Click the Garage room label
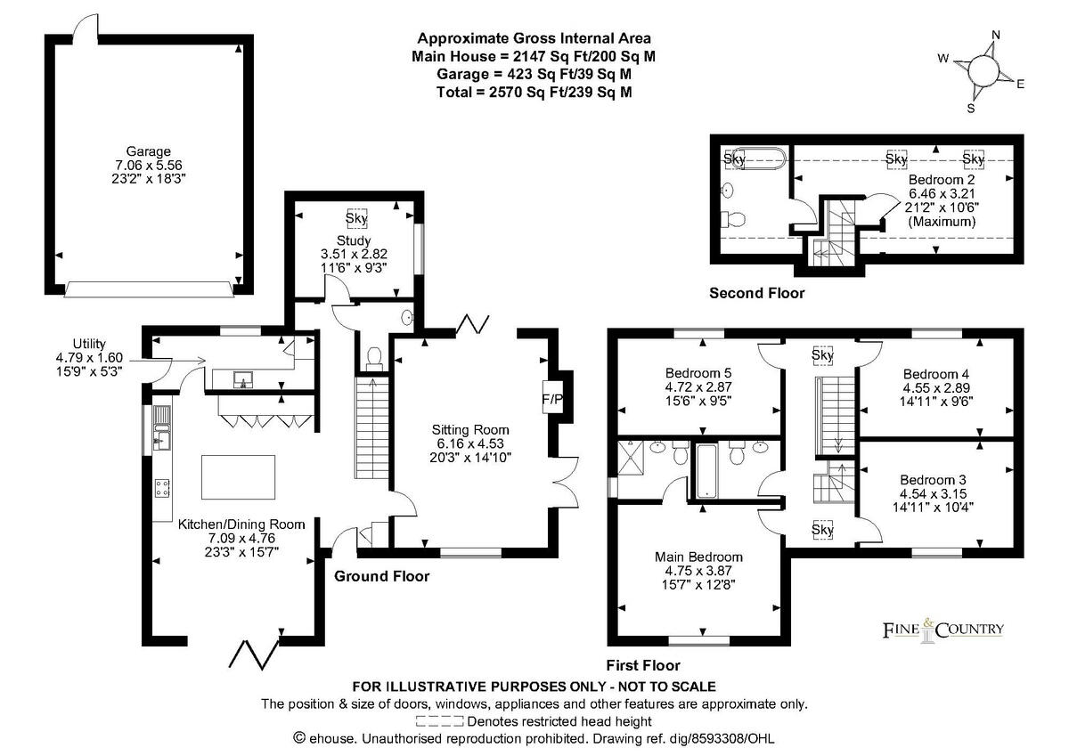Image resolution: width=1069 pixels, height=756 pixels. pyautogui.click(x=148, y=151)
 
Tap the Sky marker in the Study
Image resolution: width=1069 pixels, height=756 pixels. pyautogui.click(x=356, y=218)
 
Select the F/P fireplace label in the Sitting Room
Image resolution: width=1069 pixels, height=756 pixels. pyautogui.click(x=552, y=399)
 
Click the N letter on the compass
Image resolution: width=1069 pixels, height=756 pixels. pyautogui.click(x=996, y=35)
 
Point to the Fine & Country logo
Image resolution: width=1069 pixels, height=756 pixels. pyautogui.click(x=943, y=630)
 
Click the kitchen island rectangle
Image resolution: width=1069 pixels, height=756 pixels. pyautogui.click(x=238, y=477)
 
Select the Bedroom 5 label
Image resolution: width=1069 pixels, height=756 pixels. pyautogui.click(x=698, y=373)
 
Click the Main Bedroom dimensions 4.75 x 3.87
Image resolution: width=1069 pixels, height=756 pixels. pyautogui.click(x=698, y=571)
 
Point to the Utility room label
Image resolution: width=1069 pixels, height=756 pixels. pyautogui.click(x=89, y=344)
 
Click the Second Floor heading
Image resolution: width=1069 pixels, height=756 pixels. pyautogui.click(x=756, y=293)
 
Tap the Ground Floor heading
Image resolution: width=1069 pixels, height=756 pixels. pyautogui.click(x=382, y=576)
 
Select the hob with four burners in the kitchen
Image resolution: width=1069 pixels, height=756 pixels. pyautogui.click(x=162, y=488)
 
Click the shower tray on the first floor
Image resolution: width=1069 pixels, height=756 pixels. pyautogui.click(x=631, y=458)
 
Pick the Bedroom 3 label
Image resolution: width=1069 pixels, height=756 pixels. pyautogui.click(x=933, y=480)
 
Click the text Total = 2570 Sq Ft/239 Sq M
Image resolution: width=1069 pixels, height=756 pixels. pyautogui.click(x=534, y=92)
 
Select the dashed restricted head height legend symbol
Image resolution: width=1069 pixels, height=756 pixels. pyautogui.click(x=439, y=721)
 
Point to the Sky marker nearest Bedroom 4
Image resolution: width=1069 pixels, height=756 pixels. pyautogui.click(x=822, y=355)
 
